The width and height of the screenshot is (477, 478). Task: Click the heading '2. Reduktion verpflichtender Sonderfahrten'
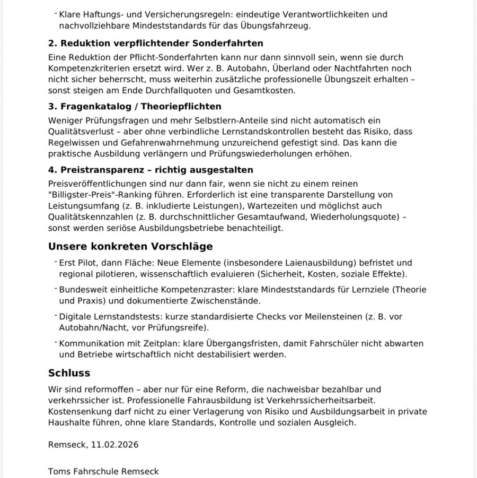click(x=155, y=43)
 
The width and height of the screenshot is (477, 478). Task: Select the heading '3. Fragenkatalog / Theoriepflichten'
click(x=135, y=107)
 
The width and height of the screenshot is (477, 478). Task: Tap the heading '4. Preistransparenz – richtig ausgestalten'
click(x=151, y=170)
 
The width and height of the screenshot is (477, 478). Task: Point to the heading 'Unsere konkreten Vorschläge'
click(x=130, y=246)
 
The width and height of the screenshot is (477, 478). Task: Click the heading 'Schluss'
click(x=69, y=373)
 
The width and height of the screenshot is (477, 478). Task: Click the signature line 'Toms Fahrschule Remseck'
click(x=103, y=471)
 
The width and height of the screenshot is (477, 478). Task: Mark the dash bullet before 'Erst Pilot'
click(x=55, y=262)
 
